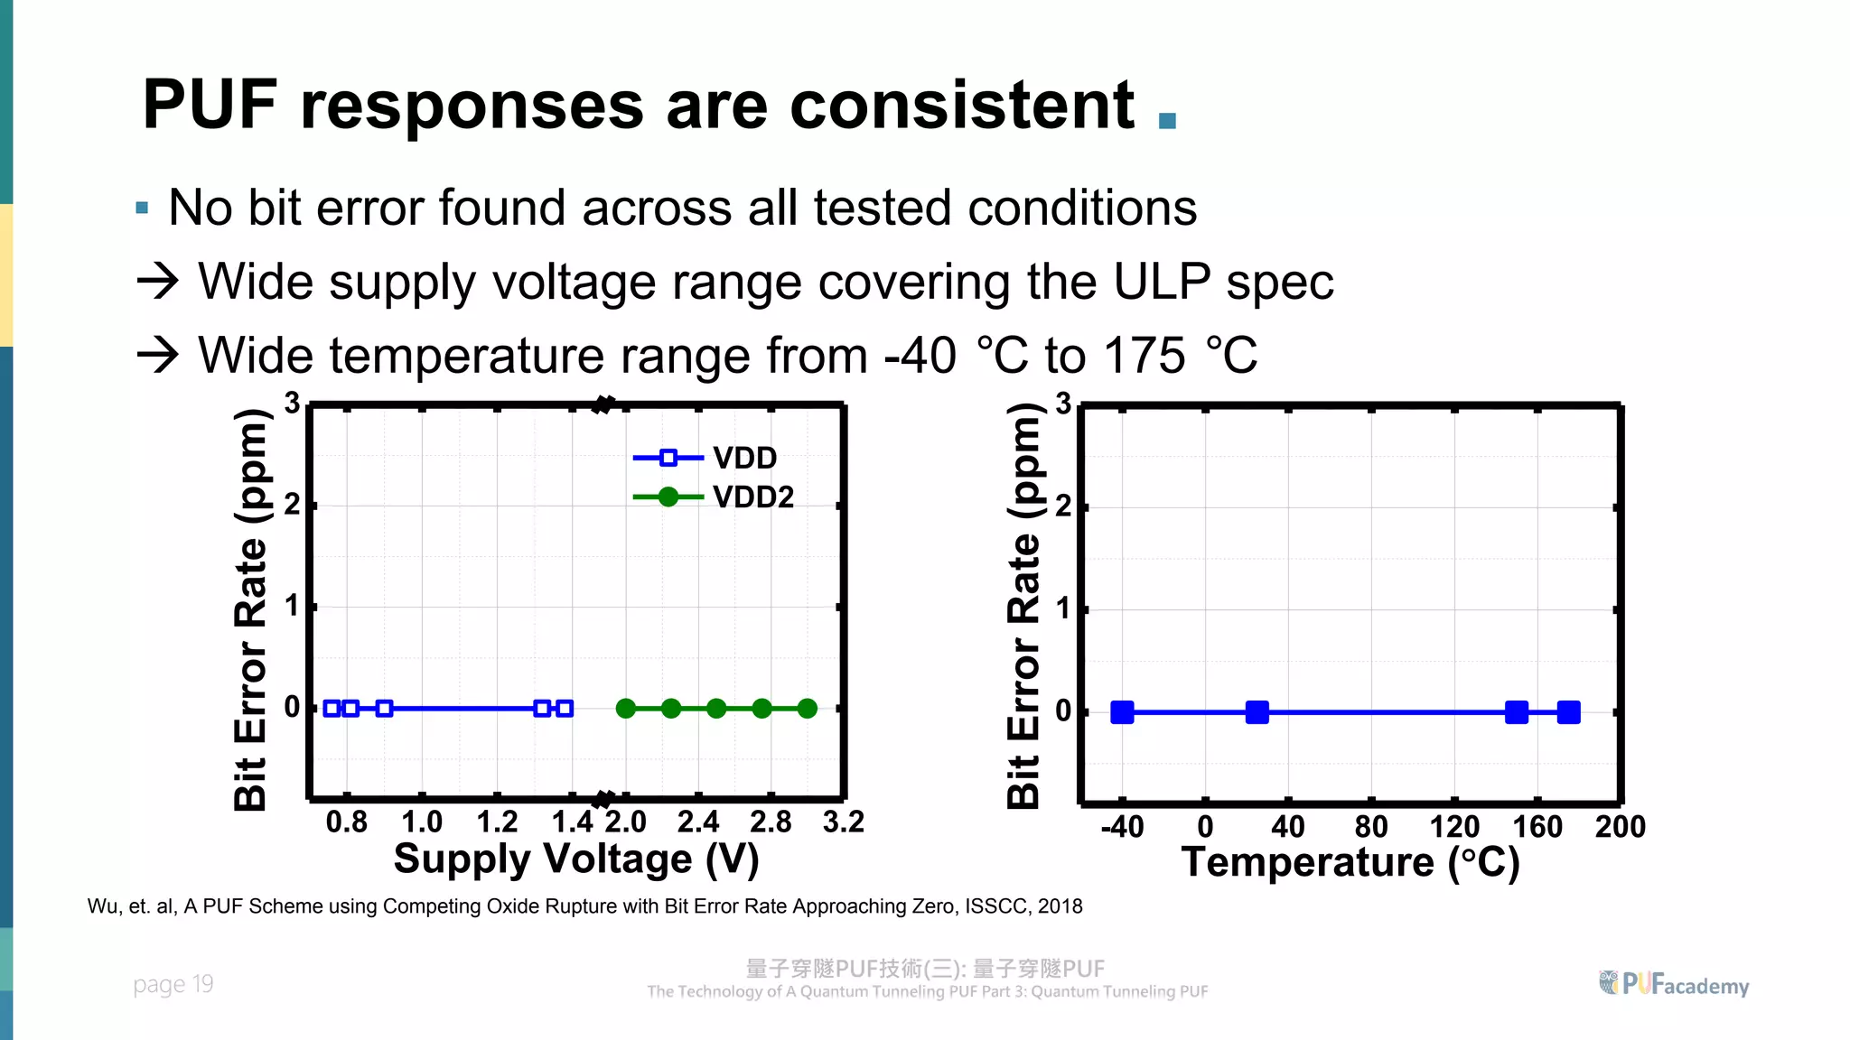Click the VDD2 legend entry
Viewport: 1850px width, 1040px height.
714,497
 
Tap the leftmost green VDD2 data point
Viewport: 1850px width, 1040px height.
625,709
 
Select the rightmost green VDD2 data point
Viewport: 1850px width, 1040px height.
808,709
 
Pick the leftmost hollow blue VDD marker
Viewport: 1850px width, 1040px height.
332,709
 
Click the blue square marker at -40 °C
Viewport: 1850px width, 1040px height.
1122,712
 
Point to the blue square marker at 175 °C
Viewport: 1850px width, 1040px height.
1569,712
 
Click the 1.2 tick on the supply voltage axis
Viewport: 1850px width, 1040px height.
497,822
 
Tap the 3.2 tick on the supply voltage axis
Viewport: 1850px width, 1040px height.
844,822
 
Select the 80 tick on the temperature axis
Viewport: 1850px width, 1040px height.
1371,826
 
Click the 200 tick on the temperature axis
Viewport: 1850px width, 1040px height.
1620,826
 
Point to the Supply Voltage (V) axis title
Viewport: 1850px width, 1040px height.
576,859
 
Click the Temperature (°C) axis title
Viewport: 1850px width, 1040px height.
1350,862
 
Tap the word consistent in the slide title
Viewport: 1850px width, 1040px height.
962,105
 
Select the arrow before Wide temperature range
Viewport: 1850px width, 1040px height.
158,355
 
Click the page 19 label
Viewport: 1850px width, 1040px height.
173,984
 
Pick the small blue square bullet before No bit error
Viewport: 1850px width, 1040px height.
142,209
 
